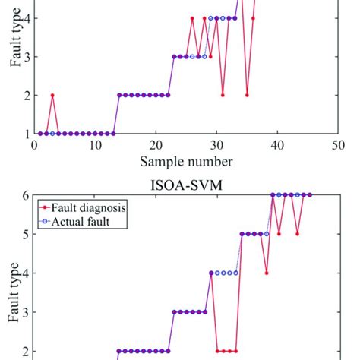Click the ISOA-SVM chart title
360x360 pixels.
click(x=186, y=182)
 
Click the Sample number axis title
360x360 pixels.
click(x=186, y=161)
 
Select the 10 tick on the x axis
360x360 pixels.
click(x=95, y=145)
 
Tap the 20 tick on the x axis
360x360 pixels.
click(x=156, y=145)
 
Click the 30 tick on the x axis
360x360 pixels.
click(x=216, y=145)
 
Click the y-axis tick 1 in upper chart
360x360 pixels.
click(x=25, y=134)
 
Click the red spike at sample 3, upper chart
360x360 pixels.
click(x=52, y=95)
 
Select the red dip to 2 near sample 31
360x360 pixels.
click(x=223, y=95)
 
